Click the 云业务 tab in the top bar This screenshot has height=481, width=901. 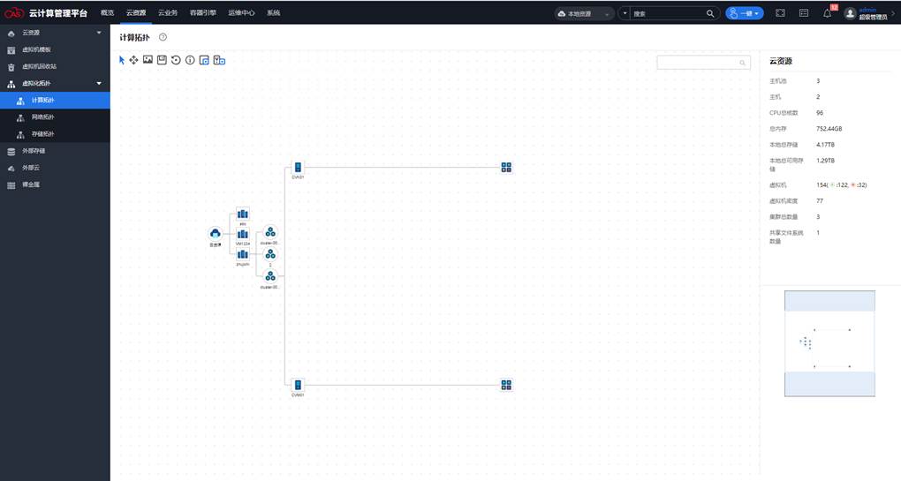(168, 13)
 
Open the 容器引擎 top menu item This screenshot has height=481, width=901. (202, 13)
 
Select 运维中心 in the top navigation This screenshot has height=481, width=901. (241, 13)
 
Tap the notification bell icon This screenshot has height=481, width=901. (827, 13)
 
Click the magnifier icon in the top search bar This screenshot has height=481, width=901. (710, 14)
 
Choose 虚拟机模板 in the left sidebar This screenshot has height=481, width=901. (36, 49)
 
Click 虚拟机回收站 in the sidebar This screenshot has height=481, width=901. (39, 66)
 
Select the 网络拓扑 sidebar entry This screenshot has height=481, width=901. (42, 117)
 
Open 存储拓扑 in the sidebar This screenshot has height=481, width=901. (42, 134)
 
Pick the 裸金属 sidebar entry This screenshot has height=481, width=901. (31, 185)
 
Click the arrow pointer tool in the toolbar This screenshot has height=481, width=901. (122, 60)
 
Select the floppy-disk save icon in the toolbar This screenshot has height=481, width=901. (163, 60)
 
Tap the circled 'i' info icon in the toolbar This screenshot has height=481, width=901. (190, 60)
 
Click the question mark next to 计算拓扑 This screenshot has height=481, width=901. (163, 37)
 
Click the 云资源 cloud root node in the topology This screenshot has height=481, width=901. (215, 233)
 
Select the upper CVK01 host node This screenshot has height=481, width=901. (298, 168)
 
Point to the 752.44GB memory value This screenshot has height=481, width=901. (829, 129)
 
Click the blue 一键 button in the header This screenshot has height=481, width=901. (744, 13)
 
